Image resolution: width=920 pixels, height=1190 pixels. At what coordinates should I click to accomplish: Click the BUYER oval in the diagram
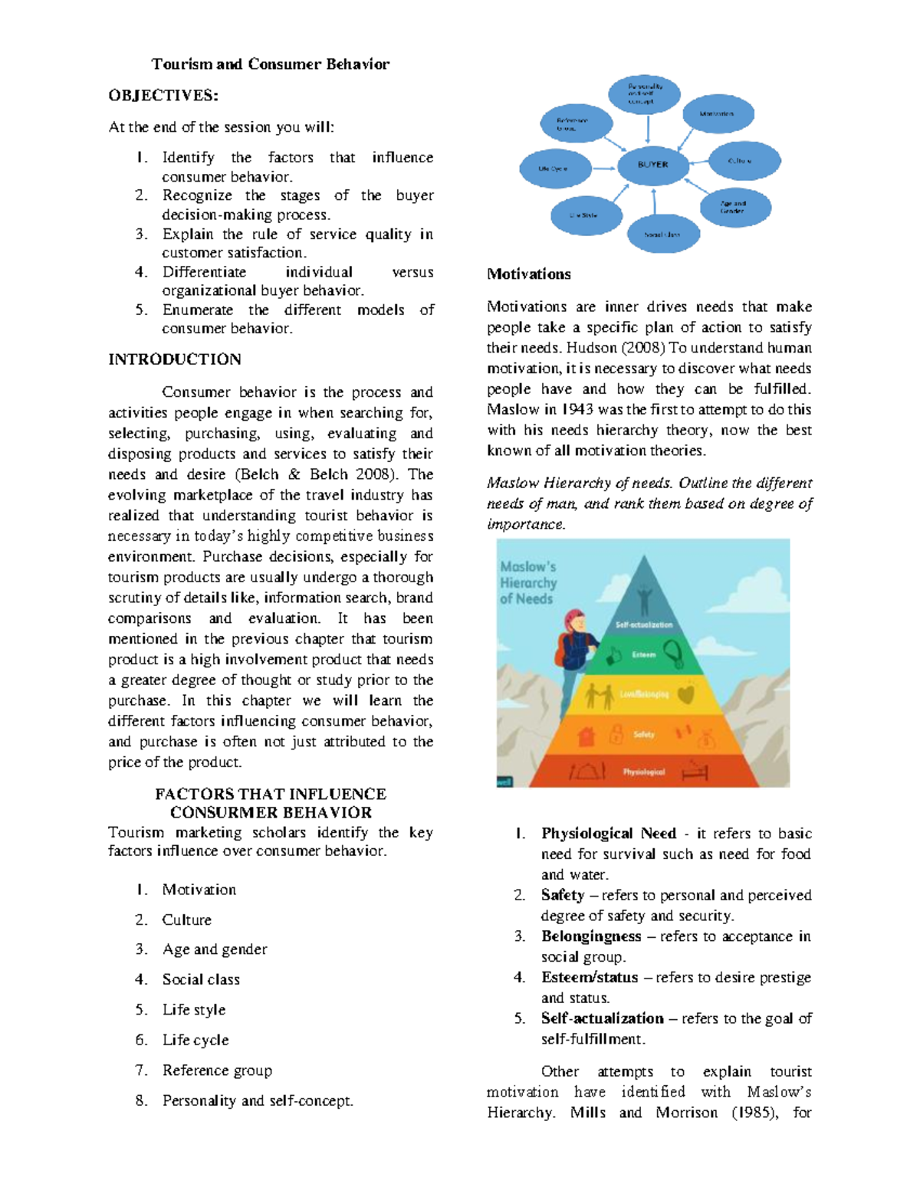[652, 165]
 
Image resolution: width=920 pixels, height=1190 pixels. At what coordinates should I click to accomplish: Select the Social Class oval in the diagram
[663, 234]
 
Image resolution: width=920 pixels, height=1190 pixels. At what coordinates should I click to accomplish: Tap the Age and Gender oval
[734, 207]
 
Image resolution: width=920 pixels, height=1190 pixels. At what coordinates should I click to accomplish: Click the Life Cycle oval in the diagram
[554, 169]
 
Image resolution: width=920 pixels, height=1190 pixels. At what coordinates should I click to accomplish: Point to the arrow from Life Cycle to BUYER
[604, 168]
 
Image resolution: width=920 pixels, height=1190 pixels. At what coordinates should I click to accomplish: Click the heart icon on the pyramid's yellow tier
[686, 694]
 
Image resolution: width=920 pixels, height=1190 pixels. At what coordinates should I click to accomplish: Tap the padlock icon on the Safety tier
[616, 735]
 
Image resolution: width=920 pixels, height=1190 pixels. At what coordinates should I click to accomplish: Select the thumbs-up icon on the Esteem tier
[613, 655]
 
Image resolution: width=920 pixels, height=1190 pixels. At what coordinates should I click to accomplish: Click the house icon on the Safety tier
[586, 736]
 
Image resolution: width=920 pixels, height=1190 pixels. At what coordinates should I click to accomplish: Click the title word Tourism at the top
[182, 64]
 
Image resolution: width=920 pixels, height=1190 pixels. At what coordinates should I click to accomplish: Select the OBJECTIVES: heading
[163, 96]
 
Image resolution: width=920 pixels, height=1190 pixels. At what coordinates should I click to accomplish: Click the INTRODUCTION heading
[175, 359]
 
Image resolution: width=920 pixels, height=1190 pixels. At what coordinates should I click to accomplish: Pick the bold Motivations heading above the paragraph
[529, 274]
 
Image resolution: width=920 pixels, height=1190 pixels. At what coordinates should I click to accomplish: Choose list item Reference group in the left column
[217, 1070]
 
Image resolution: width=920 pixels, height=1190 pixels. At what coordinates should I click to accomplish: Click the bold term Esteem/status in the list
[590, 978]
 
